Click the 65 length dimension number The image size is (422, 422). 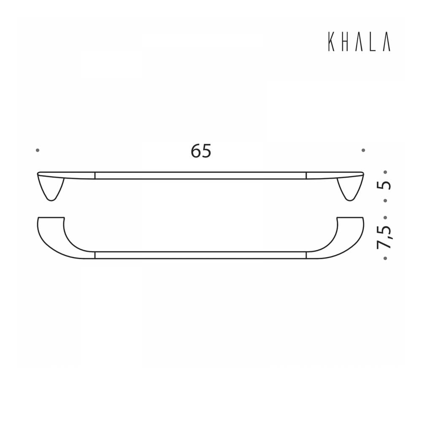point(201,151)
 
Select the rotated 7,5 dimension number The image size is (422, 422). point(385,238)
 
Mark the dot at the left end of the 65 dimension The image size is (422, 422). point(38,150)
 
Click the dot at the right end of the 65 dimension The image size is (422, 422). point(363,150)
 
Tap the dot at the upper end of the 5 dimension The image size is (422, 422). point(385,172)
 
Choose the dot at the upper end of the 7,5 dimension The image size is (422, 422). point(385,218)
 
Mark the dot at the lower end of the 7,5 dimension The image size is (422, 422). point(385,258)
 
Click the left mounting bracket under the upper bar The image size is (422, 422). point(51,188)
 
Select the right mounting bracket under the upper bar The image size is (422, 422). point(350,188)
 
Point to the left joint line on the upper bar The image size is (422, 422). point(95,176)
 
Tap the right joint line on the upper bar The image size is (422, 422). point(306,176)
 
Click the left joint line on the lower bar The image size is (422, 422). point(95,255)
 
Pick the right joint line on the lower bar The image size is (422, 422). point(306,255)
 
